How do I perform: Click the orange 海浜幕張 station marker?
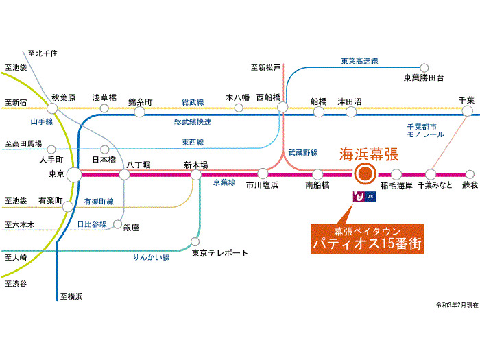pyautogui.click(x=364, y=175)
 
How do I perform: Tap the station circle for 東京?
pyautogui.click(x=73, y=175)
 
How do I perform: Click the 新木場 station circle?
pyautogui.click(x=196, y=175)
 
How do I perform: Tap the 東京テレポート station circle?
pyautogui.click(x=195, y=242)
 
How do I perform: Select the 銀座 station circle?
pyautogui.click(x=118, y=224)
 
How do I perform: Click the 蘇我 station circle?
pyautogui.click(x=469, y=175)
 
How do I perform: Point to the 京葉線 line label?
pyautogui.click(x=224, y=183)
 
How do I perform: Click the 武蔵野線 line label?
pyautogui.click(x=302, y=152)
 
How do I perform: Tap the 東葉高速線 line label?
pyautogui.click(x=359, y=61)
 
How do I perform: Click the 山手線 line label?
pyautogui.click(x=42, y=121)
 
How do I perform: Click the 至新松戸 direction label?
pyautogui.click(x=266, y=67)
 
